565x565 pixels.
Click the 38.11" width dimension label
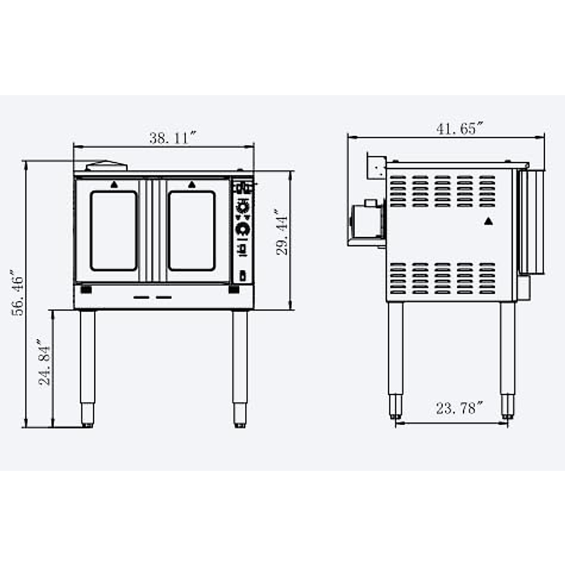point(171,138)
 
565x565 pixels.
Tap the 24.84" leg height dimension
point(44,362)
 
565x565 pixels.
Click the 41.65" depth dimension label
point(459,129)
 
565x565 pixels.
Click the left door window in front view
point(113,231)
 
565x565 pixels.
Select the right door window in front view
point(192,231)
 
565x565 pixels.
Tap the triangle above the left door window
point(113,185)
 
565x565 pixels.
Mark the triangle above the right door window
point(191,185)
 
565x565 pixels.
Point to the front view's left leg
point(88,367)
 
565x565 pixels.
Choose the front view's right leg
point(240,367)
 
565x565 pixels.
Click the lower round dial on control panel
point(242,229)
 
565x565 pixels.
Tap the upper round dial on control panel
point(242,207)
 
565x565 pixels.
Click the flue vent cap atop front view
point(106,166)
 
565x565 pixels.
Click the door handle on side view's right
point(531,221)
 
